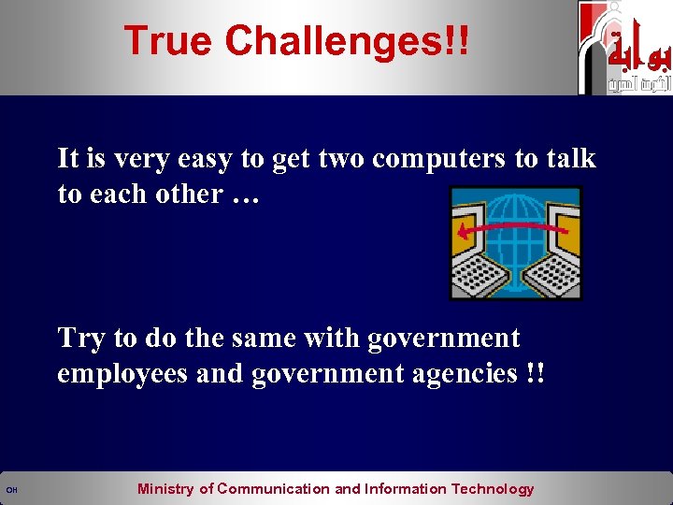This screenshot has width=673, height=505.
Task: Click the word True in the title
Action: (169, 41)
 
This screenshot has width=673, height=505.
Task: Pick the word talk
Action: (571, 159)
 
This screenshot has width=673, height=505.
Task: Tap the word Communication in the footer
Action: (274, 489)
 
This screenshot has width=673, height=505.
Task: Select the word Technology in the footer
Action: (493, 489)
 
